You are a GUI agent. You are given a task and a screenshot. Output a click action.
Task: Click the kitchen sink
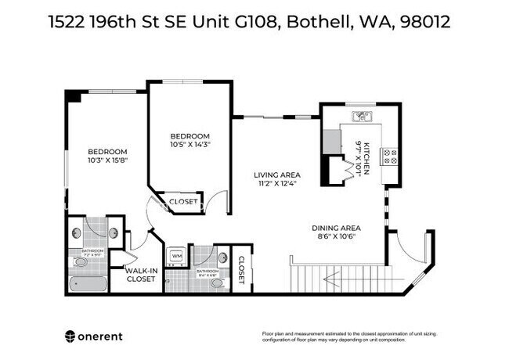(x=361, y=117)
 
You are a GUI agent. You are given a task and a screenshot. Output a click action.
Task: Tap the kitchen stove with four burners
(x=390, y=155)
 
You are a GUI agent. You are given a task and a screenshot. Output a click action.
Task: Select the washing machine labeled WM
(x=177, y=256)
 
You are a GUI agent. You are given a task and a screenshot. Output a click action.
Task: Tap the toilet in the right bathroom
(x=217, y=282)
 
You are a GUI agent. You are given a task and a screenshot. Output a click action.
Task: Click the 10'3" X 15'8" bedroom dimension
(x=107, y=160)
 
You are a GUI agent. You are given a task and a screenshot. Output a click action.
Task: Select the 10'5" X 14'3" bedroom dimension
(x=190, y=144)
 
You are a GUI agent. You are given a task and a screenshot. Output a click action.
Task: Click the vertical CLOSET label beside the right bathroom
(x=241, y=270)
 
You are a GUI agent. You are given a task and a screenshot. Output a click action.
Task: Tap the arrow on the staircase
(x=336, y=279)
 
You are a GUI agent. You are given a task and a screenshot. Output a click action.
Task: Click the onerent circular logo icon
(x=70, y=336)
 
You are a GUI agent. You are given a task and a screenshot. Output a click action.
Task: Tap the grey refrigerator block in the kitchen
(x=332, y=141)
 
